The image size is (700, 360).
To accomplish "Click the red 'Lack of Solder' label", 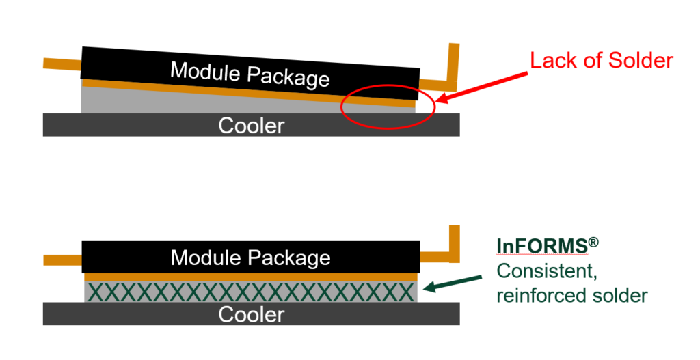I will pos(602,61).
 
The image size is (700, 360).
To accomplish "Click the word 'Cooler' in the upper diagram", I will pos(251,126).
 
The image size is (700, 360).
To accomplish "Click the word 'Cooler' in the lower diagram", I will pos(251,314).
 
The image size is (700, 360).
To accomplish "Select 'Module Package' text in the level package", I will pos(250,258).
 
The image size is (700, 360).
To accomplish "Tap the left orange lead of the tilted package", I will pos(62,64).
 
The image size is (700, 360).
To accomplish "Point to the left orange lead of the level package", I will pos(62,260).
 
